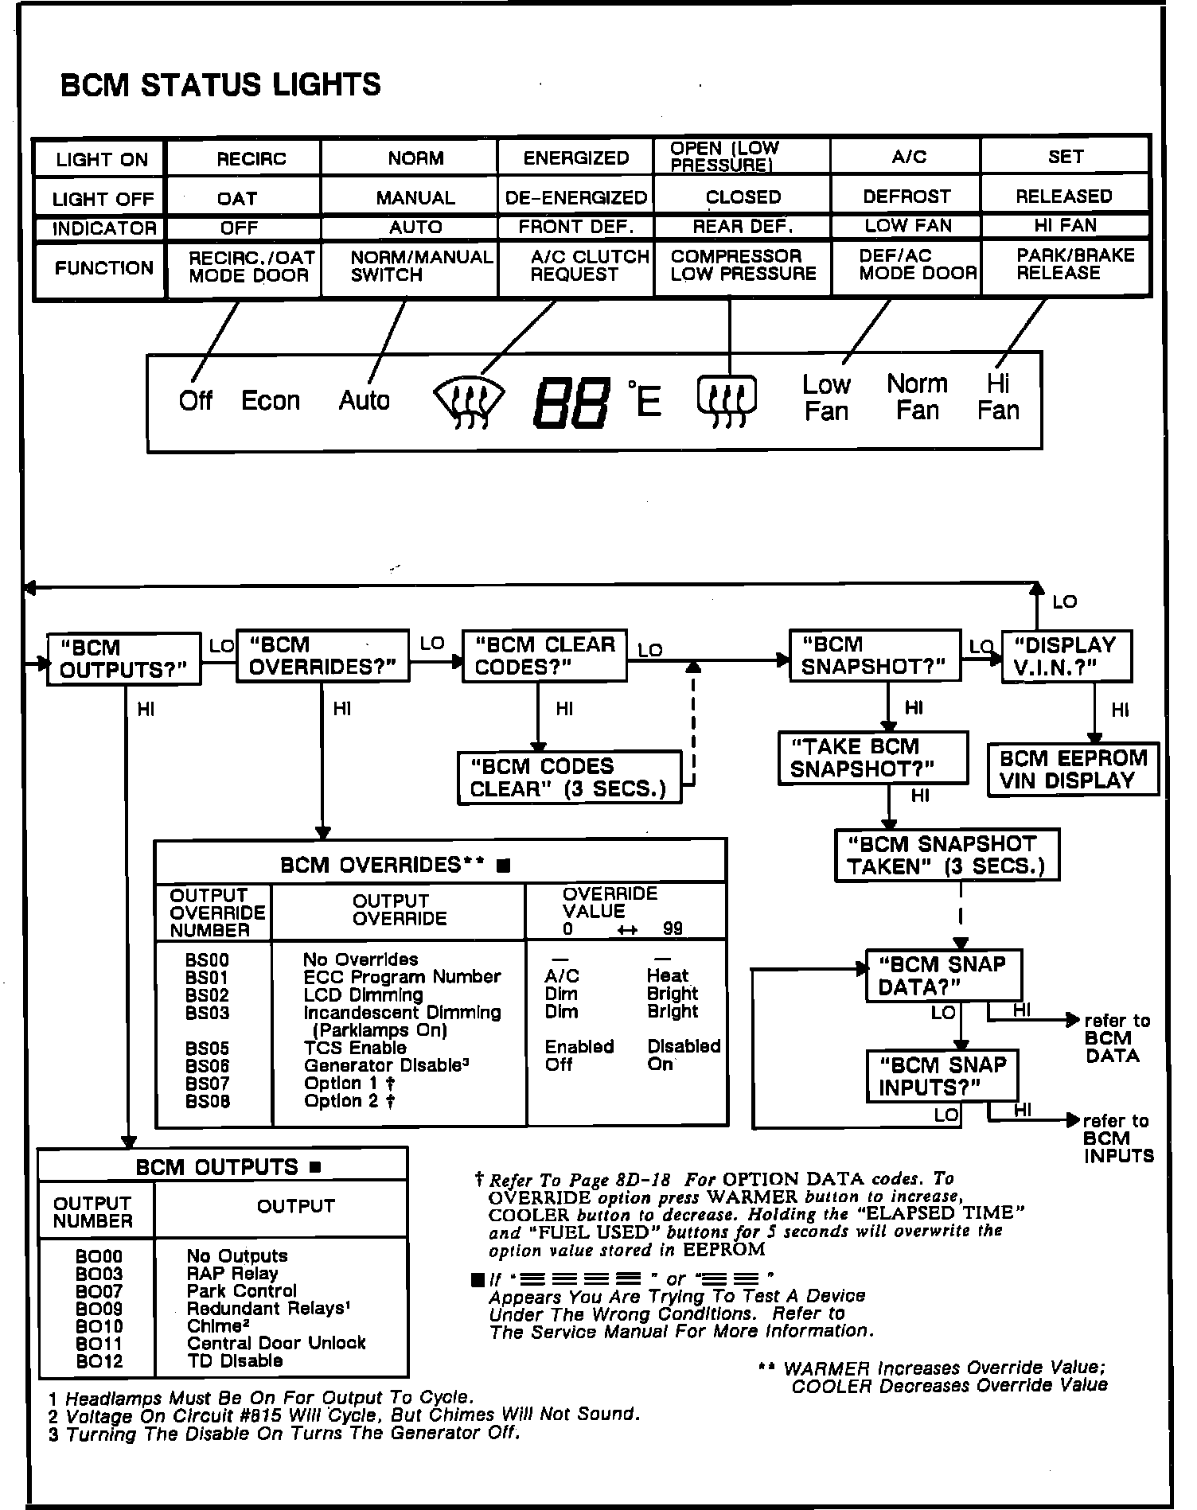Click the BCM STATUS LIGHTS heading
point(220,85)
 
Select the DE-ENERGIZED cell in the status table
point(576,197)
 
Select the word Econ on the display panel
point(271,400)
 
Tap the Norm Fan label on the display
point(917,397)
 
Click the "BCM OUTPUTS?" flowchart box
point(123,659)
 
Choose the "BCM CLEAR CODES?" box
point(544,656)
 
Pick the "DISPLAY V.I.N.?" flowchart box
point(1066,656)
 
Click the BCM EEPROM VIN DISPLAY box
point(1073,769)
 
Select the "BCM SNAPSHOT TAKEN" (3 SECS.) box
point(946,855)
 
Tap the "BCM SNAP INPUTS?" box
point(942,1076)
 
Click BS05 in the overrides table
point(207,1048)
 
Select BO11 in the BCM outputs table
point(99,1344)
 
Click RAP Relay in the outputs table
point(232,1274)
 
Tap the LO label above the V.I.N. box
point(1064,602)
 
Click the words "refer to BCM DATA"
point(1116,1038)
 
